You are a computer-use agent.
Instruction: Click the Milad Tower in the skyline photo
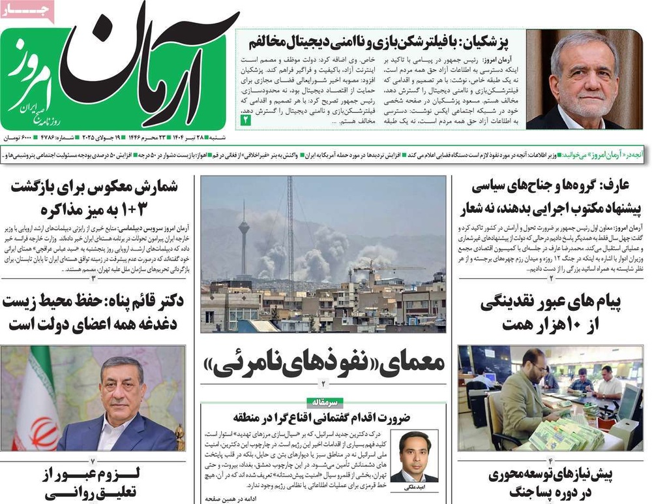point(243,235)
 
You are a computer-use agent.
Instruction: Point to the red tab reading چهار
point(19,8)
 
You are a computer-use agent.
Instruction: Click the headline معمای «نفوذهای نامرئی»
point(324,362)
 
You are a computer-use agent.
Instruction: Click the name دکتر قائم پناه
point(142,302)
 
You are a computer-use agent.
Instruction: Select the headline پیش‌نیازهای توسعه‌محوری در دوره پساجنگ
point(550,483)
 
